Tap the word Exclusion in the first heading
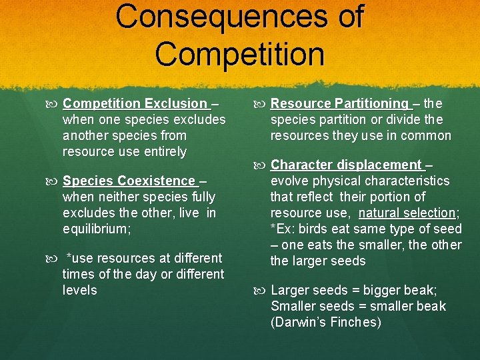click(175, 104)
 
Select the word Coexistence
click(157, 181)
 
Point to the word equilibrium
click(95, 229)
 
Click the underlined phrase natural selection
click(407, 213)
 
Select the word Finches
click(357, 323)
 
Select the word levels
click(79, 291)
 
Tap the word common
click(427, 136)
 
